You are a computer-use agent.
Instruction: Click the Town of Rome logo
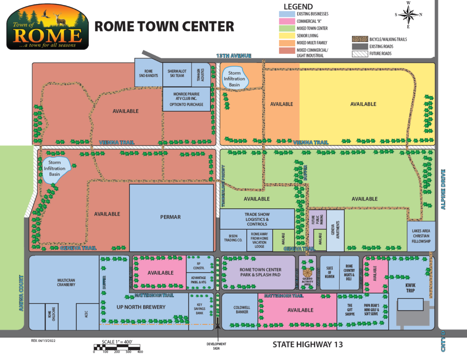[47, 27]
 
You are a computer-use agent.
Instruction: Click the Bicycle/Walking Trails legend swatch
[359, 39]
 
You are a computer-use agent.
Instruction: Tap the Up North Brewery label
[147, 307]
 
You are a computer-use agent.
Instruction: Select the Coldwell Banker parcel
[240, 310]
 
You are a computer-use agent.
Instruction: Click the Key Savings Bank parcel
[199, 309]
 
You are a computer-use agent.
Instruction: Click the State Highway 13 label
[307, 345]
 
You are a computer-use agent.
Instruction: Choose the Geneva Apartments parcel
[335, 231]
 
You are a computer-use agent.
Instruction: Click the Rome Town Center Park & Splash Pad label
[260, 272]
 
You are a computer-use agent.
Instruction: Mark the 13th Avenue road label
[234, 56]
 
